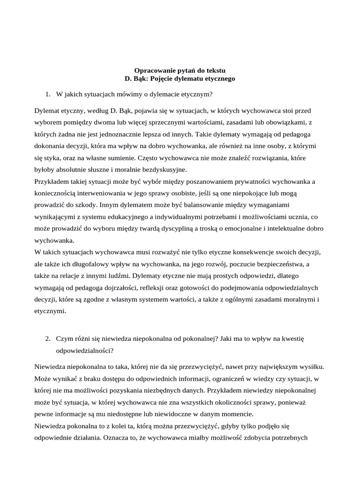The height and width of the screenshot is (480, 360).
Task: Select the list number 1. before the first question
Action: (48, 94)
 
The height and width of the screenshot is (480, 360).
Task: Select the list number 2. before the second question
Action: (48, 338)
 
